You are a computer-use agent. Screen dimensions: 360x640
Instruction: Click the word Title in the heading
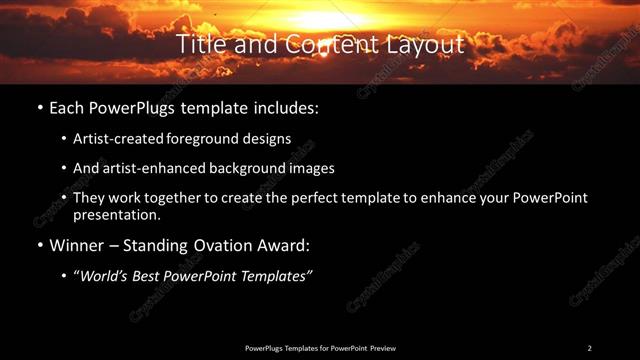(x=197, y=45)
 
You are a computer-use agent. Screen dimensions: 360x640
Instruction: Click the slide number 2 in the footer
(x=589, y=348)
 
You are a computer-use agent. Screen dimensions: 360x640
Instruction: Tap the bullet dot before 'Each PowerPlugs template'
(x=38, y=107)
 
